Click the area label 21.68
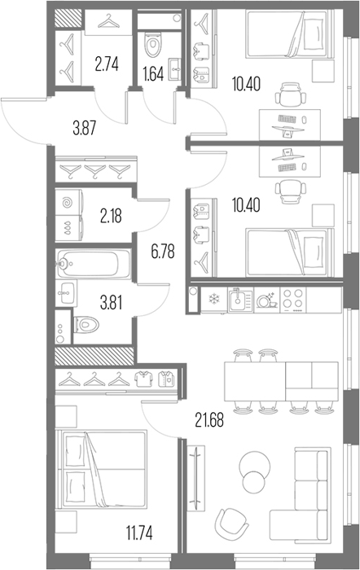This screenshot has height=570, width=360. [209, 420]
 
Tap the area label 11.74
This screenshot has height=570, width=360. [139, 533]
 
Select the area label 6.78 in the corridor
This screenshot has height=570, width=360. [163, 251]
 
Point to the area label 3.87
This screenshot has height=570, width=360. [85, 129]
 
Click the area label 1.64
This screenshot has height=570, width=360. [153, 74]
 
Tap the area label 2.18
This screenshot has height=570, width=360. [111, 217]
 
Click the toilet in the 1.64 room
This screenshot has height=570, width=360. [153, 44]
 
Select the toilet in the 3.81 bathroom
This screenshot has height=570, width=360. [86, 325]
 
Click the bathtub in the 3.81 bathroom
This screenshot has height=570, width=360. [93, 263]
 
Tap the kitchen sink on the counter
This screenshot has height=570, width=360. [240, 300]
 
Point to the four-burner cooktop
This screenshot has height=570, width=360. [293, 300]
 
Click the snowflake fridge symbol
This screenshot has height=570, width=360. [213, 300]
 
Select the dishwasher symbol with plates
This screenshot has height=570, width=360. [267, 300]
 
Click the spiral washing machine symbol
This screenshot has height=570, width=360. [68, 203]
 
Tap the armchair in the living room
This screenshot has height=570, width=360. [231, 523]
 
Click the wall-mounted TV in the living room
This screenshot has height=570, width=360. [196, 474]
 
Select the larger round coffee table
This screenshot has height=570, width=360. [255, 465]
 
